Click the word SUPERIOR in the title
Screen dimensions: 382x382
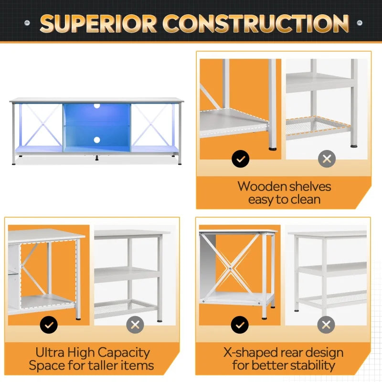pyautogui.click(x=98, y=23)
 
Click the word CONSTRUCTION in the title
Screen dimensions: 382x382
pyautogui.click(x=255, y=23)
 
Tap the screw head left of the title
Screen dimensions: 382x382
pyautogui.click(x=27, y=22)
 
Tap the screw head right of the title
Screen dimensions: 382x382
pyautogui.click(x=359, y=22)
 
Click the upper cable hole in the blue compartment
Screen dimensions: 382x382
pyautogui.click(x=97, y=106)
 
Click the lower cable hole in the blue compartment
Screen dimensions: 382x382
pyautogui.click(x=97, y=140)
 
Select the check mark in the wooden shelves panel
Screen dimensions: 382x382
pyautogui.click(x=240, y=159)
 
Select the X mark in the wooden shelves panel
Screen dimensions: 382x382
pyautogui.click(x=327, y=159)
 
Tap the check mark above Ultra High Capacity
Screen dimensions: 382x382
pyautogui.click(x=49, y=325)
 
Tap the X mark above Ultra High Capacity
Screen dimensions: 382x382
pyautogui.click(x=135, y=325)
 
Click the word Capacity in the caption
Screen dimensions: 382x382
pyautogui.click(x=124, y=353)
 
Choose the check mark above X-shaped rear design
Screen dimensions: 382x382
pyautogui.click(x=240, y=325)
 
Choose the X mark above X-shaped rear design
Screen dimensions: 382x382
pyautogui.click(x=326, y=325)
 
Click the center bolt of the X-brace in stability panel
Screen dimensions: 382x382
pyautogui.click(x=231, y=269)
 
